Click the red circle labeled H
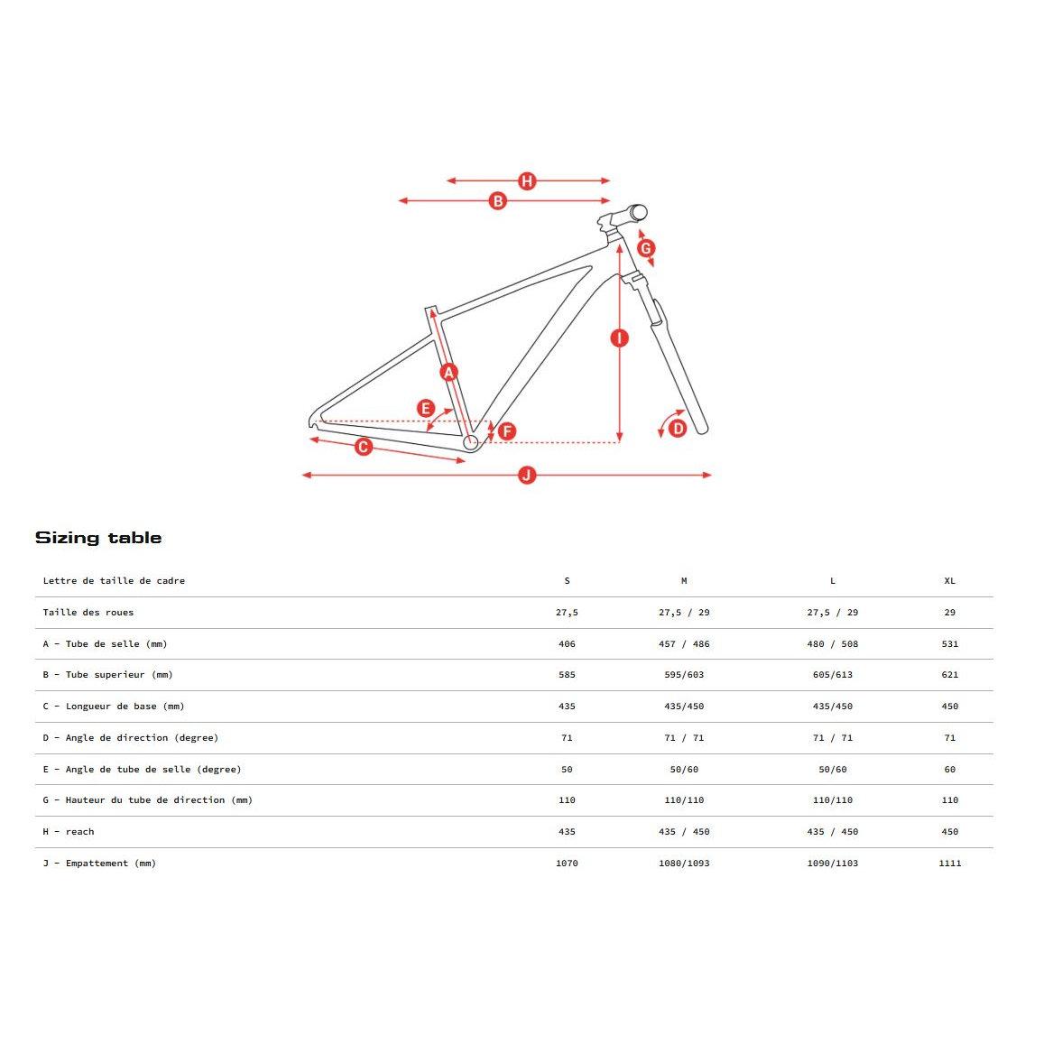pos(527,181)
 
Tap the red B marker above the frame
pos(498,201)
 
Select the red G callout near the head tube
pos(646,248)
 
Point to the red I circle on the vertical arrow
pos(619,338)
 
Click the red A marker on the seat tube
pos(448,372)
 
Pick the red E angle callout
pos(426,409)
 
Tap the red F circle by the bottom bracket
pos(507,431)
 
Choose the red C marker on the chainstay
pos(364,447)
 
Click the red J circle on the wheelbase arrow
pos(527,476)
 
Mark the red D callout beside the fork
pos(678,428)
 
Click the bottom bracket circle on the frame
pos(470,442)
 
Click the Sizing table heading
pos(98,538)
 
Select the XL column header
pos(949,581)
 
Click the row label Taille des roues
pos(88,613)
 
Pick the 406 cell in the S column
pos(567,644)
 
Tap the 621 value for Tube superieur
pos(949,675)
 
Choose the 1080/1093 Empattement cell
pos(684,864)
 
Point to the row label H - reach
pos(69,832)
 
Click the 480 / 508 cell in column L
pos(832,644)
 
